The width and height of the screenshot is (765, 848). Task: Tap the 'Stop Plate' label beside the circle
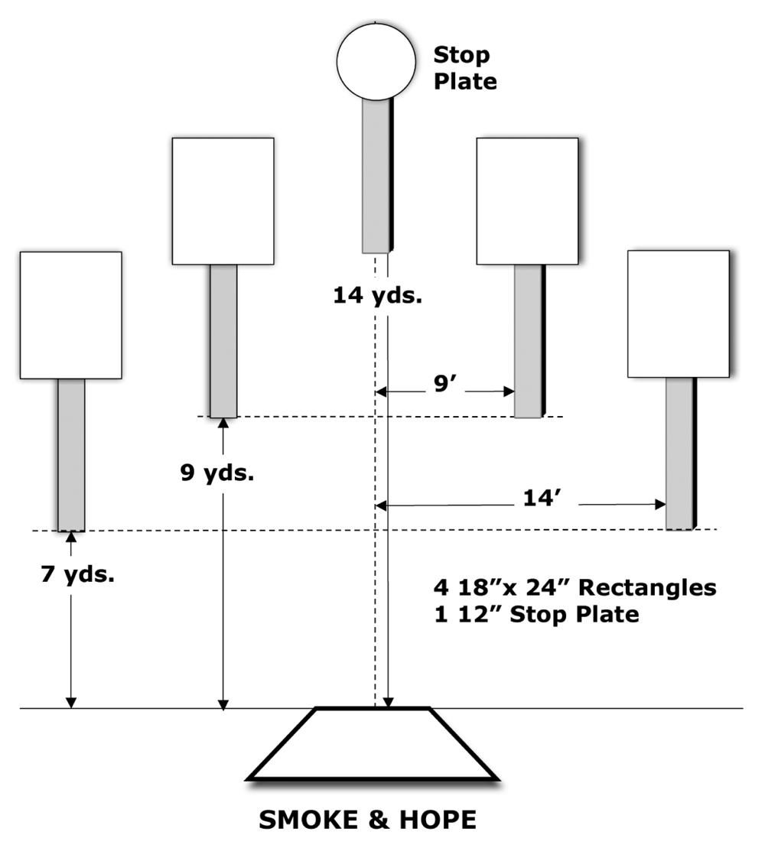tap(465, 68)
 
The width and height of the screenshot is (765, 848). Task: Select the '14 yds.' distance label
tap(378, 295)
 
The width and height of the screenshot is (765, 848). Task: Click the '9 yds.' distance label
tap(217, 473)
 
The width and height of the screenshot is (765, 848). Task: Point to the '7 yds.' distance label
tap(78, 573)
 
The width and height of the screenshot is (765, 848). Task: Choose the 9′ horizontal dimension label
tap(445, 383)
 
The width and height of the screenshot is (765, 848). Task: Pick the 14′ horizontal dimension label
tap(542, 498)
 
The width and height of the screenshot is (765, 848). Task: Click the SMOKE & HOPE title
tap(368, 820)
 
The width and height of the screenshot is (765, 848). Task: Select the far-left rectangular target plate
tap(71, 315)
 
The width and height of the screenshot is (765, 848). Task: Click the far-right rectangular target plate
tap(679, 314)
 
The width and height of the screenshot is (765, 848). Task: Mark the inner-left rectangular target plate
tap(223, 201)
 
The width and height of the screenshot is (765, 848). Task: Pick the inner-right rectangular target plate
tap(528, 201)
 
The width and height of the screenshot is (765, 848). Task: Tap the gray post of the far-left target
tap(71, 455)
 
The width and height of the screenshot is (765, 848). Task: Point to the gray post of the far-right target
tap(681, 453)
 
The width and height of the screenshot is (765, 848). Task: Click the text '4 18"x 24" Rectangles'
tap(575, 587)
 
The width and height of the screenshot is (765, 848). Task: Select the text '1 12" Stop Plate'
tap(537, 614)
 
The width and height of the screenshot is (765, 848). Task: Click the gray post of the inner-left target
tap(223, 341)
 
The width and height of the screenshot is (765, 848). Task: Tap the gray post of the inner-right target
tap(529, 341)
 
